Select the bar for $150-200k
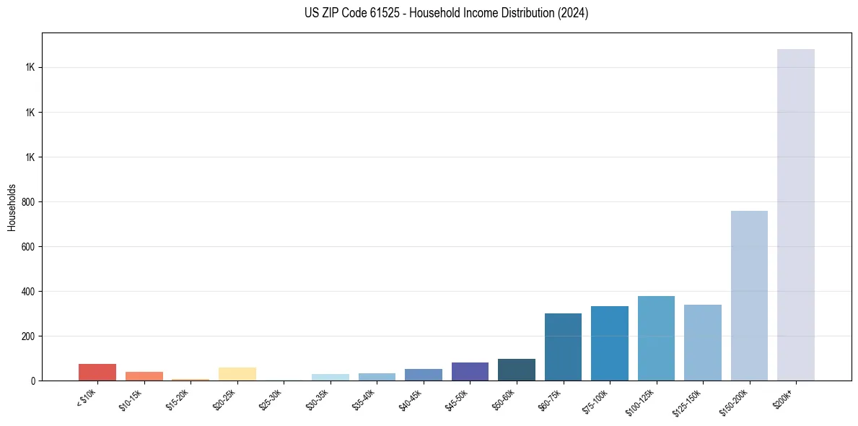point(749,295)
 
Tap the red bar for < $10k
point(97,372)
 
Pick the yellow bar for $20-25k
point(237,374)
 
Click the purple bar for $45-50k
point(470,371)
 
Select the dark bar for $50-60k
point(516,370)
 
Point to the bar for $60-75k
point(563,347)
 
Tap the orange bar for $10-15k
point(144,376)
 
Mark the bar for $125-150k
point(702,342)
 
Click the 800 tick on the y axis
point(29,202)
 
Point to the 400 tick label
point(29,292)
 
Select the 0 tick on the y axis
point(34,381)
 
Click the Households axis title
point(12,207)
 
